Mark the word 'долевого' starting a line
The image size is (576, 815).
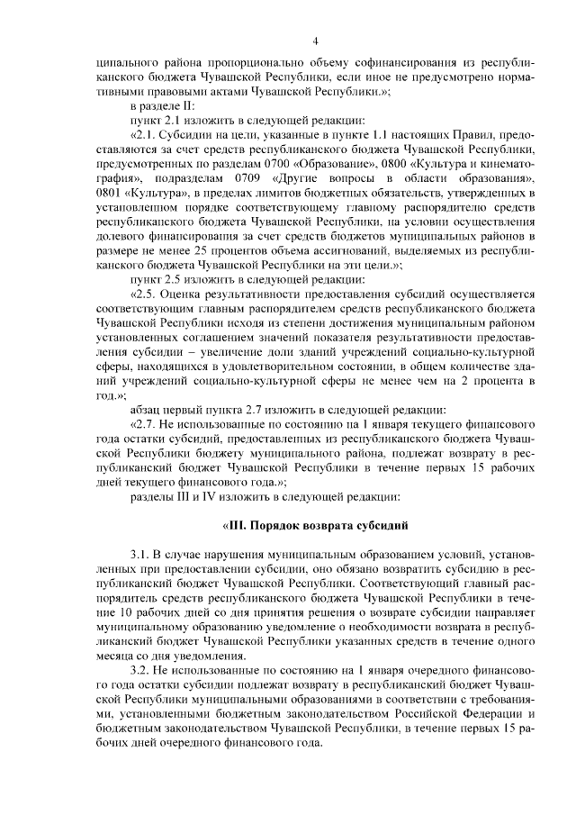[121, 233]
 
